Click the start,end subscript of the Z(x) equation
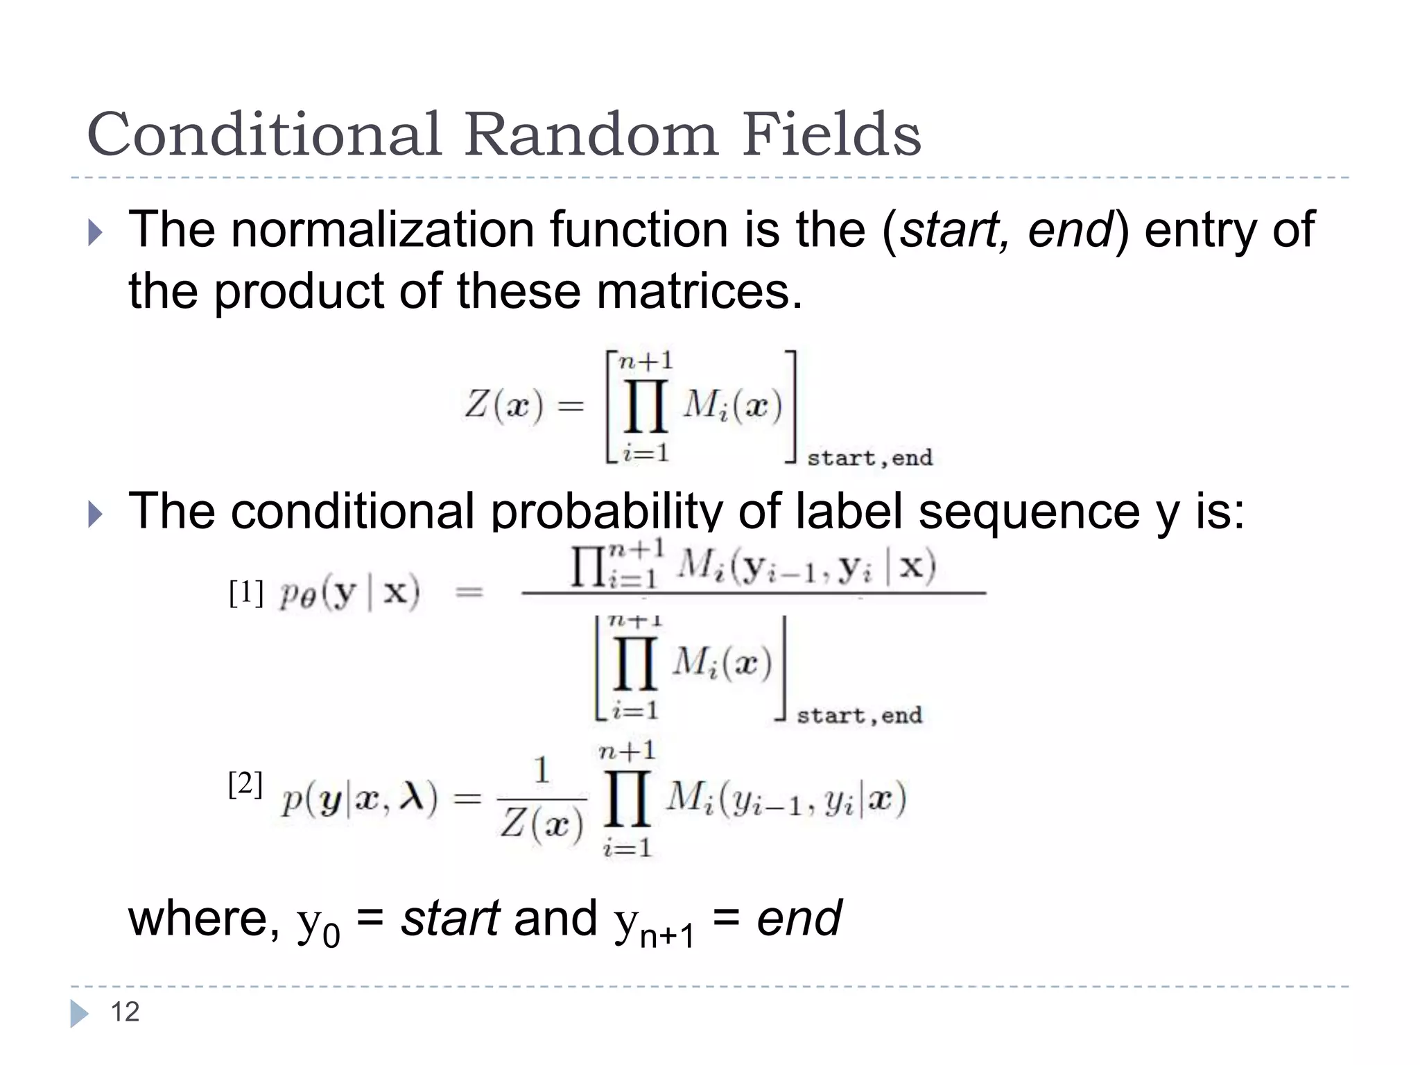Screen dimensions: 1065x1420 pos(869,458)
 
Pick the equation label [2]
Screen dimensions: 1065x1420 pos(245,785)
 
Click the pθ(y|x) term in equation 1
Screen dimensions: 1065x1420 pos(349,594)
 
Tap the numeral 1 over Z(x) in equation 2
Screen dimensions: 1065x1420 pos(542,770)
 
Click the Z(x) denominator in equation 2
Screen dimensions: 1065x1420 pos(542,824)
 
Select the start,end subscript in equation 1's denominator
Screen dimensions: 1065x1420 pos(859,716)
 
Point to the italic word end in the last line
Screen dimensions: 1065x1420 pos(799,918)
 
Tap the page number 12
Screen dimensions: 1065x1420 pos(125,1012)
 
